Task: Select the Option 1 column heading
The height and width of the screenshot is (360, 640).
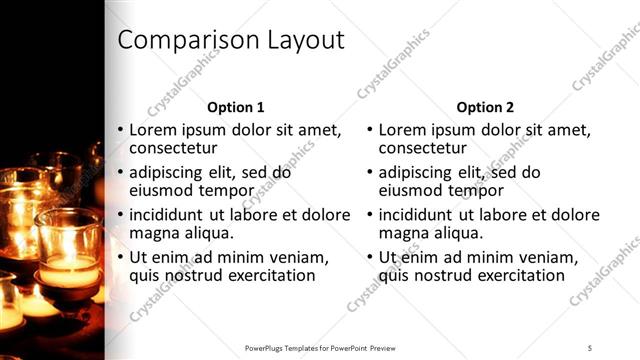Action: click(235, 107)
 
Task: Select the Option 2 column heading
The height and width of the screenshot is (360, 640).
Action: click(485, 107)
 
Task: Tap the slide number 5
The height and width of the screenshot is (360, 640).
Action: click(590, 347)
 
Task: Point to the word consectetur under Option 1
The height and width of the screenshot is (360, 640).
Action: click(173, 149)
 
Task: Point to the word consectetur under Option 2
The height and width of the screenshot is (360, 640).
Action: click(423, 149)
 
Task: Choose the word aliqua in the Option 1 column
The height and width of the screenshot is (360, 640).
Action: click(207, 233)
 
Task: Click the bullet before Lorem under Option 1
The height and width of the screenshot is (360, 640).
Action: click(120, 130)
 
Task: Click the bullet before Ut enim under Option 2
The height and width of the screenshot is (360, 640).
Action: click(370, 257)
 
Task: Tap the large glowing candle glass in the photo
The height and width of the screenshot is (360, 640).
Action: click(67, 245)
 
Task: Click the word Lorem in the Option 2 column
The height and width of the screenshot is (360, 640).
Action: click(403, 130)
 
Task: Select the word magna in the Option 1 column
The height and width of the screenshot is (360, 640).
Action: click(153, 233)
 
